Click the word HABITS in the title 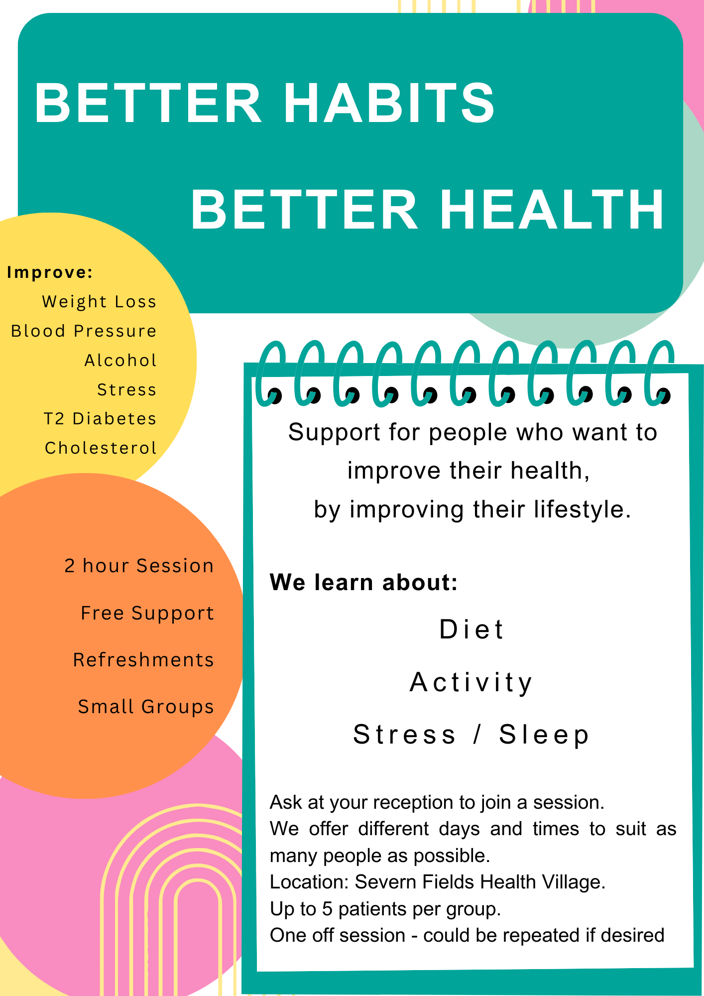tap(389, 103)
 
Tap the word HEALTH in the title tap(551, 210)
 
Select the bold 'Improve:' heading tap(50, 272)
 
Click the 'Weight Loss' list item tap(99, 302)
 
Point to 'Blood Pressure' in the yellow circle tap(84, 331)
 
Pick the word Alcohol tap(120, 360)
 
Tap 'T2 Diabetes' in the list tap(100, 419)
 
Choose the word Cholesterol tap(101, 448)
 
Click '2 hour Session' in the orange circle tap(139, 566)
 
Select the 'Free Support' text tap(147, 614)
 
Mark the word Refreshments tap(143, 660)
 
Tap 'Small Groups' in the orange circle tap(146, 707)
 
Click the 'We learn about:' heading tap(363, 582)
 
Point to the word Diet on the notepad tap(471, 629)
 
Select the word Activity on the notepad tap(471, 682)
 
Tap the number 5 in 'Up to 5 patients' tap(327, 909)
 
